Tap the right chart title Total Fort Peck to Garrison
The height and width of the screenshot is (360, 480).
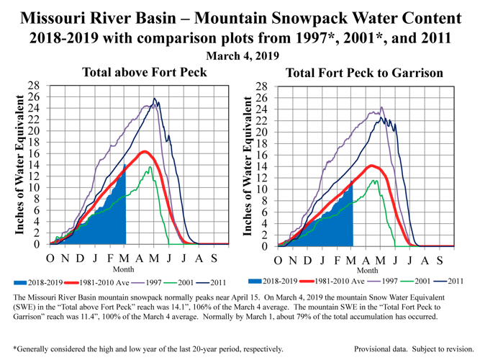[364, 73]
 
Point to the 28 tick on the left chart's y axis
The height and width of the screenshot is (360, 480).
[34, 86]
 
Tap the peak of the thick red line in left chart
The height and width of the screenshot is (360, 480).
[145, 151]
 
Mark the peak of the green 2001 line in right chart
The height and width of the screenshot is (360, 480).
[373, 181]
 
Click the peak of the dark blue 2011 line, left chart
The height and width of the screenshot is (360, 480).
[154, 99]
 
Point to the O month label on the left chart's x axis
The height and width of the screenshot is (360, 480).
[50, 257]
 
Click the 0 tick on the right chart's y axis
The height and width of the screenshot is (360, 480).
[268, 246]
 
